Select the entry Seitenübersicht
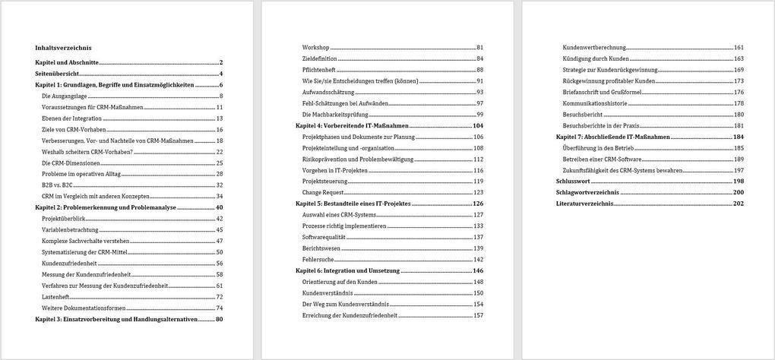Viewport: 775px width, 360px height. [x=57, y=74]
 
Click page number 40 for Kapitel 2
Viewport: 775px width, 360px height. [x=219, y=207]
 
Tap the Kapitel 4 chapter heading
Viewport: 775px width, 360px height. [x=352, y=125]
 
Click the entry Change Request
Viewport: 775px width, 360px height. [x=323, y=192]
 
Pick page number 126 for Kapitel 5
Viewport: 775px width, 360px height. [x=478, y=204]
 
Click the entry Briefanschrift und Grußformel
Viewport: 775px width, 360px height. [x=602, y=92]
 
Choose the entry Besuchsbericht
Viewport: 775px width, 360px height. [x=582, y=115]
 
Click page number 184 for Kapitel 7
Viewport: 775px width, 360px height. [x=738, y=137]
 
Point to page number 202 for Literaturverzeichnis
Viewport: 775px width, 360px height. [x=738, y=204]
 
